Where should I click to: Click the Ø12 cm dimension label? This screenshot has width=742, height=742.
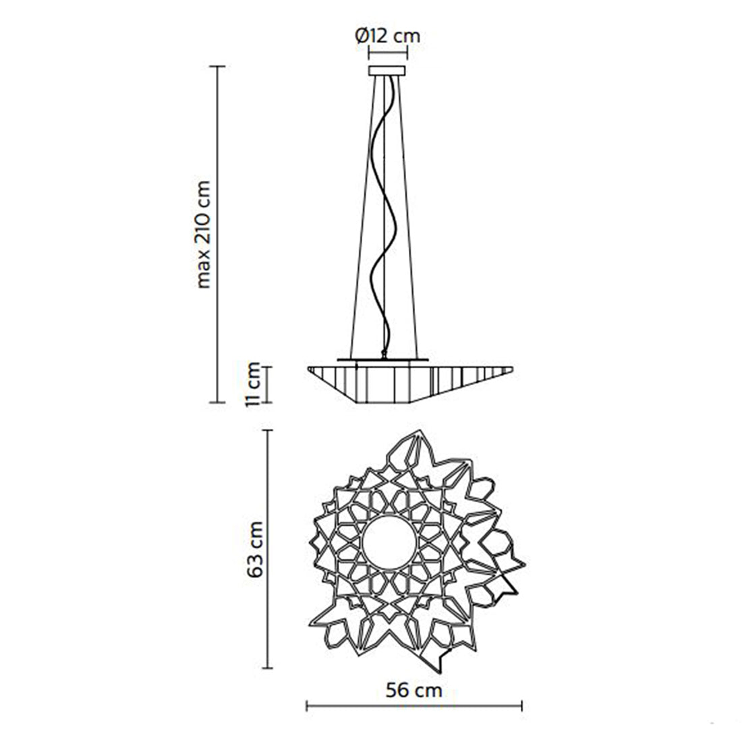pyautogui.click(x=388, y=36)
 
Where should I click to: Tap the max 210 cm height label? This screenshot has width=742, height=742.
pyautogui.click(x=204, y=234)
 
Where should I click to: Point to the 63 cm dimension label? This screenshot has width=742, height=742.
pyautogui.click(x=255, y=549)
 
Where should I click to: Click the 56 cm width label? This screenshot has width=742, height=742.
pyautogui.click(x=413, y=691)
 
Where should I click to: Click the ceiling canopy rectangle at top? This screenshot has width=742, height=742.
pyautogui.click(x=388, y=71)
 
